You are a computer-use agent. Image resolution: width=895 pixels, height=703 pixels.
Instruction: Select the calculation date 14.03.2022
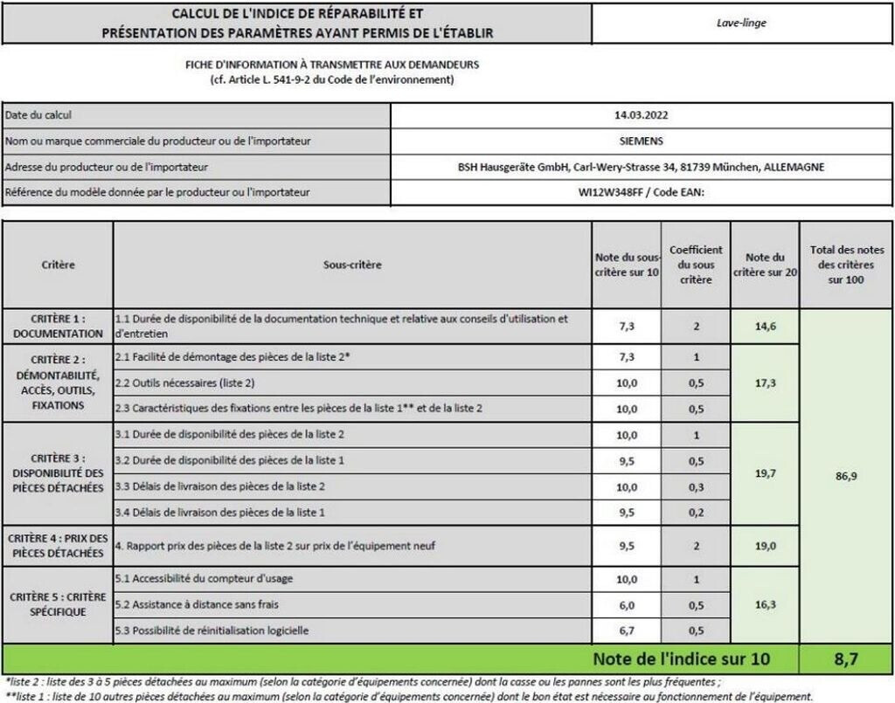tap(642, 114)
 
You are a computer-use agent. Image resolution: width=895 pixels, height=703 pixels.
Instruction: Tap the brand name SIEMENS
tap(642, 141)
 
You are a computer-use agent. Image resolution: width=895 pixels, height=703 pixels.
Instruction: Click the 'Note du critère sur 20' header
tap(765, 264)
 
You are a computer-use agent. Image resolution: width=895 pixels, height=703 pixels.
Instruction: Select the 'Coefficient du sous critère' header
tap(696, 264)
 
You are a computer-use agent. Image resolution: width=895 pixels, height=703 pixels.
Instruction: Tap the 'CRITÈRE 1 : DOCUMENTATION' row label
tap(58, 326)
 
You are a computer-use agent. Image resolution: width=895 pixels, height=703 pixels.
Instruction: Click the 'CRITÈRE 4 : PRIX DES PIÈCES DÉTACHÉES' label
tap(58, 546)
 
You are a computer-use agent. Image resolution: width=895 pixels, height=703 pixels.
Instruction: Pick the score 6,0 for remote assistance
tap(627, 604)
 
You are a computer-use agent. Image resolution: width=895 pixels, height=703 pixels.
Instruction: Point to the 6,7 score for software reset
tap(627, 631)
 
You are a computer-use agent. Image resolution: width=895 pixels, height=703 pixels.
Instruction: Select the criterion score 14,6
tap(765, 326)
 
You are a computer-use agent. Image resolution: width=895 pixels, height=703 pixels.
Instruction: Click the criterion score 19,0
tap(765, 546)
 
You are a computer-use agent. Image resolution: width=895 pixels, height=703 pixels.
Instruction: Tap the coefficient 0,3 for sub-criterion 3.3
tap(696, 486)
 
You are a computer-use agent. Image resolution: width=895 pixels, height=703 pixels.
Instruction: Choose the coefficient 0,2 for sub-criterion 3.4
tap(696, 512)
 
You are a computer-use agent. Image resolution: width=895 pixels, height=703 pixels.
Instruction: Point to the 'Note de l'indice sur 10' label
tap(681, 658)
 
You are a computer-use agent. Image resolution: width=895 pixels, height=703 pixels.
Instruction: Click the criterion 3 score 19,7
tap(765, 472)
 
